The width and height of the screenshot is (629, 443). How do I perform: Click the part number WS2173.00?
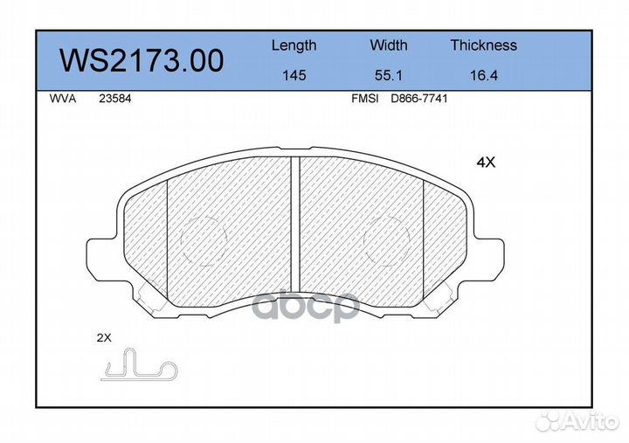tap(141, 60)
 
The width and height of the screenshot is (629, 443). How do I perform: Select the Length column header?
tap(294, 45)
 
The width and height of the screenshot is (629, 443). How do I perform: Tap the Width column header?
tap(388, 45)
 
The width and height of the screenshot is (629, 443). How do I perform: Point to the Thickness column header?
tap(483, 45)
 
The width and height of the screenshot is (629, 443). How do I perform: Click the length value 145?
tap(294, 76)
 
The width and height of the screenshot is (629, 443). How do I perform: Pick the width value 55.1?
tap(388, 76)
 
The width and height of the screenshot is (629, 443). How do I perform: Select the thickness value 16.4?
tap(483, 76)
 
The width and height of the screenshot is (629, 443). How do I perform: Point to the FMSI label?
tap(364, 100)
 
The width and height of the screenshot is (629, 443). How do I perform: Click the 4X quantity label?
tap(485, 162)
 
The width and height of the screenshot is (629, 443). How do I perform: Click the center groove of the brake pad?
tap(295, 227)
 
